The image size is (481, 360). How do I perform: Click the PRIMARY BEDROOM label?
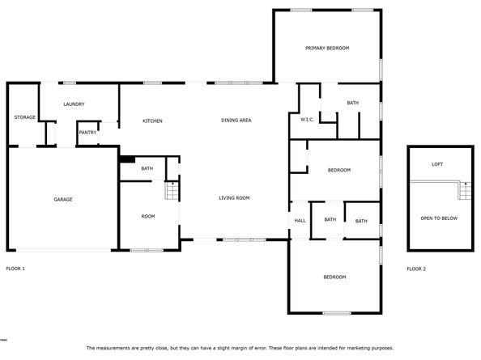(327, 49)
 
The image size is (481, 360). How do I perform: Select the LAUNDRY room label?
(74, 104)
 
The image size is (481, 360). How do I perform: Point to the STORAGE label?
(24, 117)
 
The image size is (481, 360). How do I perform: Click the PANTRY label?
(87, 133)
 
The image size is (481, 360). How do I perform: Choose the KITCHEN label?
(152, 121)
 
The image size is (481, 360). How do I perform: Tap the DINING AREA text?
(236, 121)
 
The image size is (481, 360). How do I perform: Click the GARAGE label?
(63, 199)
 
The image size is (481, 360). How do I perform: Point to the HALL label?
(300, 220)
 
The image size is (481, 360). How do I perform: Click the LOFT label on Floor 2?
(437, 164)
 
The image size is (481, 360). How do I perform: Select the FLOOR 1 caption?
(15, 268)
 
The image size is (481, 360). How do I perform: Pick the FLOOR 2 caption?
(416, 268)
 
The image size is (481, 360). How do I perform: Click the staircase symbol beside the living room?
(171, 192)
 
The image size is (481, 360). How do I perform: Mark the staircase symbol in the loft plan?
(465, 191)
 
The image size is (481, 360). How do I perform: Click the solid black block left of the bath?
(126, 159)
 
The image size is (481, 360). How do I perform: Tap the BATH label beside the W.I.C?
(353, 103)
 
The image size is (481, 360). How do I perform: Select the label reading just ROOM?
(148, 216)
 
